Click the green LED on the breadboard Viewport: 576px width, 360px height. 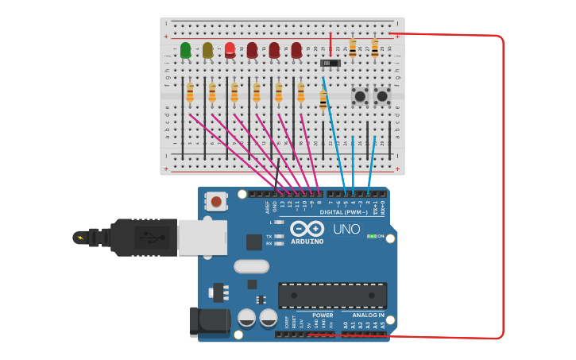(185, 50)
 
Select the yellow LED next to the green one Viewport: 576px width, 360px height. (207, 50)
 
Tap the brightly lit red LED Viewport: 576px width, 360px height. (230, 49)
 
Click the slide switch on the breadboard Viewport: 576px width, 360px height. (330, 62)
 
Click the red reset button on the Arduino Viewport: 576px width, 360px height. (216, 202)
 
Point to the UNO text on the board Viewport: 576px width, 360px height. (346, 229)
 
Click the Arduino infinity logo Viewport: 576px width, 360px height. (307, 229)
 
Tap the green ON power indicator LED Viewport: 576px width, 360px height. (371, 236)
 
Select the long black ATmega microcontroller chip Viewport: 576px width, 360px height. (332, 295)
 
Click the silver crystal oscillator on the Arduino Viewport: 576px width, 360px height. (251, 266)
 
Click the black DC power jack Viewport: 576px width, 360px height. (209, 321)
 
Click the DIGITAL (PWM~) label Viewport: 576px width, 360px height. (344, 212)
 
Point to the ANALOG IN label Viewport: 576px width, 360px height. (368, 315)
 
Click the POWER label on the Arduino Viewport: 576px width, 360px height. (323, 315)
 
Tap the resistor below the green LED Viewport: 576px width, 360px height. (190, 93)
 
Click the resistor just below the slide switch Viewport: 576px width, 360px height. (323, 99)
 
